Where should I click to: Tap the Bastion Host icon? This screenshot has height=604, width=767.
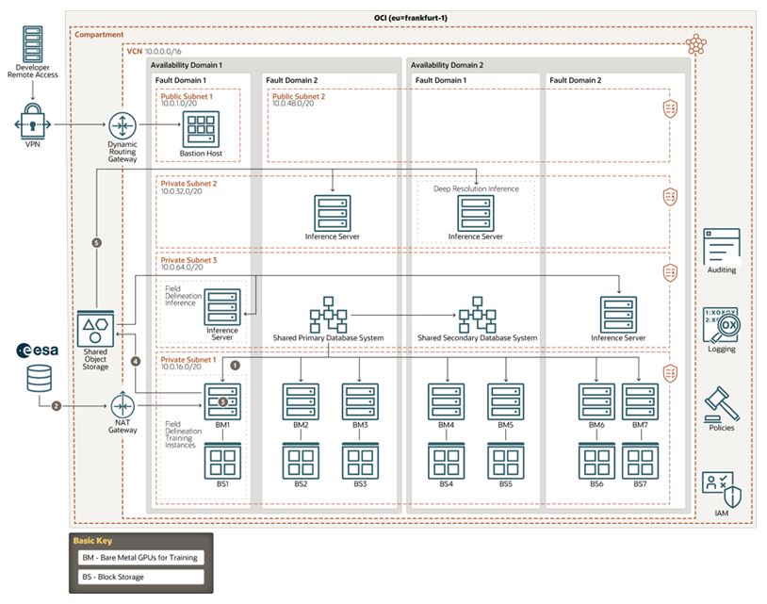tap(200, 127)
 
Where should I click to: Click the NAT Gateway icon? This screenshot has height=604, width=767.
tap(122, 406)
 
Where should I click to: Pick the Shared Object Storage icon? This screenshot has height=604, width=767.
tap(94, 330)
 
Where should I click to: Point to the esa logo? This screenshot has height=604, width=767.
tap(39, 351)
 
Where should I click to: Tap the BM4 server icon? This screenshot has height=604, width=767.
tap(446, 400)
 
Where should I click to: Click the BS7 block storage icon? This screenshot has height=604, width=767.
tap(640, 461)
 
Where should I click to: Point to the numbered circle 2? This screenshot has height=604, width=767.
tap(56, 406)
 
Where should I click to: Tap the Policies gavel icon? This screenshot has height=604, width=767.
tap(721, 402)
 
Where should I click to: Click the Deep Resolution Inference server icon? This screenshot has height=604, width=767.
tap(477, 212)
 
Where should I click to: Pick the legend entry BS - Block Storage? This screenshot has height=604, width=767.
tap(140, 576)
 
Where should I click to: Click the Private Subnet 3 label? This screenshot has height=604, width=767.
tap(188, 259)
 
